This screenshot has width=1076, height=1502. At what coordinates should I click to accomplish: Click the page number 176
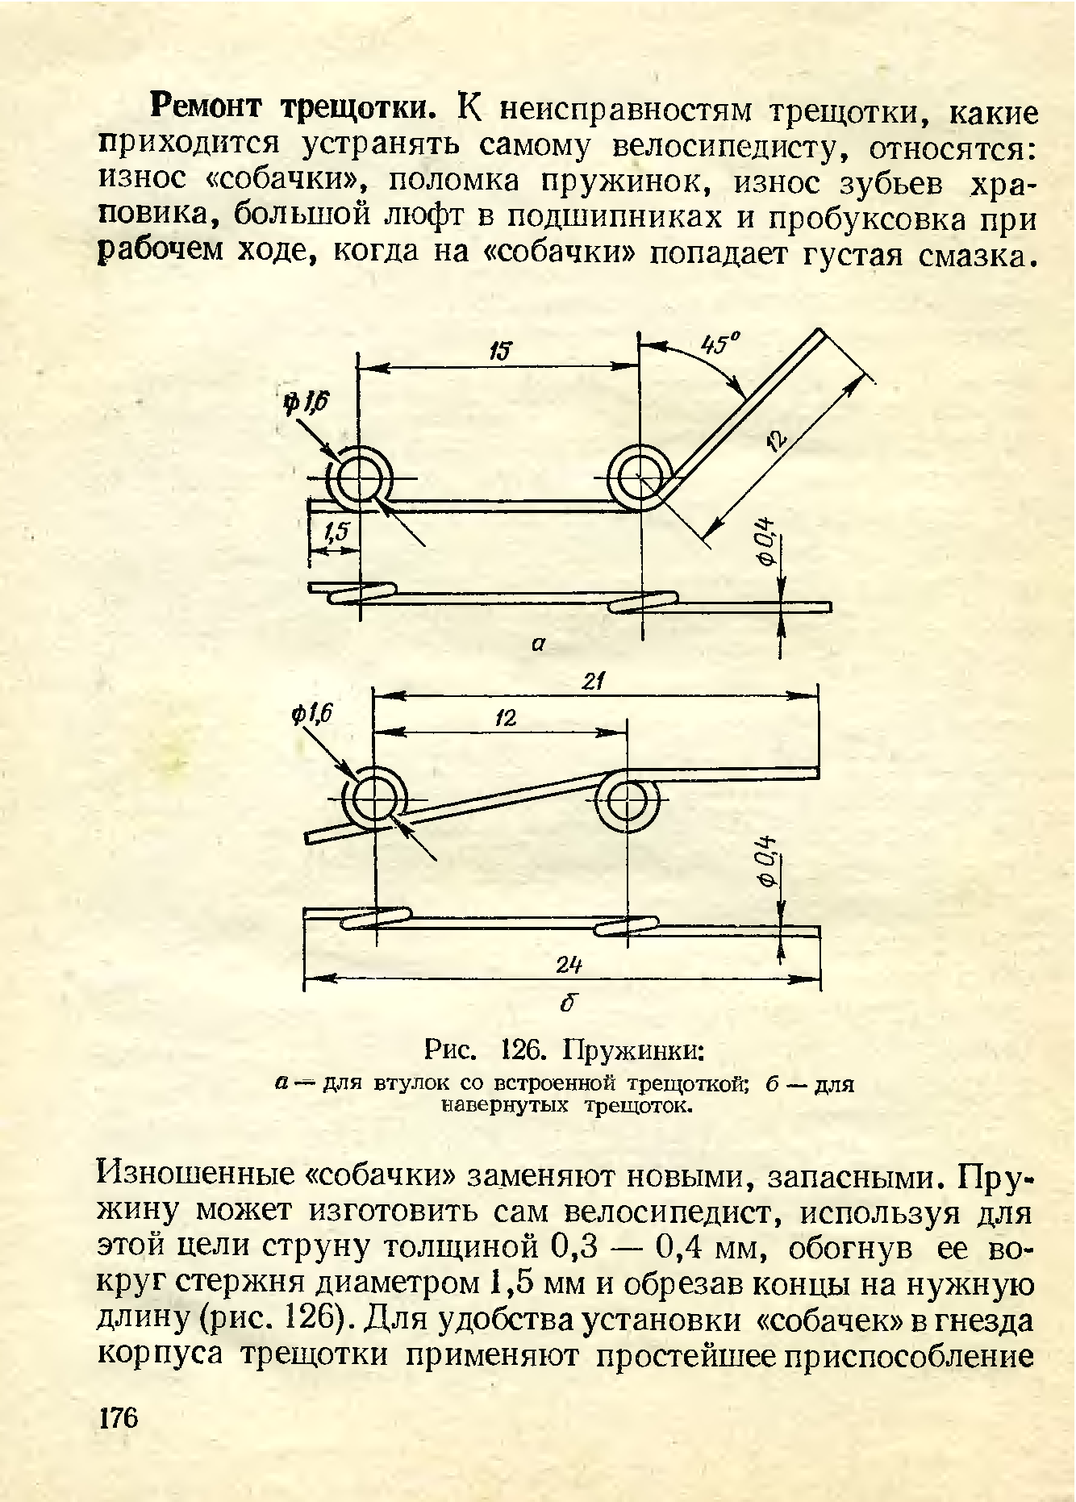pyautogui.click(x=119, y=1417)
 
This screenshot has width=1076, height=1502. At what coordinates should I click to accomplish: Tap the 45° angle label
pyautogui.click(x=720, y=344)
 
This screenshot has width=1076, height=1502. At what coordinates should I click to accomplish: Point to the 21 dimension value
pyautogui.click(x=594, y=682)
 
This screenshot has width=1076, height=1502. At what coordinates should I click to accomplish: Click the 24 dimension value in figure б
pyautogui.click(x=569, y=966)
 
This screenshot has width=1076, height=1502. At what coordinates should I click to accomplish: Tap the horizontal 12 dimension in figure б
pyautogui.click(x=506, y=718)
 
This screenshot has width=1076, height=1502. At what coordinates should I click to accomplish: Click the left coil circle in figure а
pyautogui.click(x=360, y=479)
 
